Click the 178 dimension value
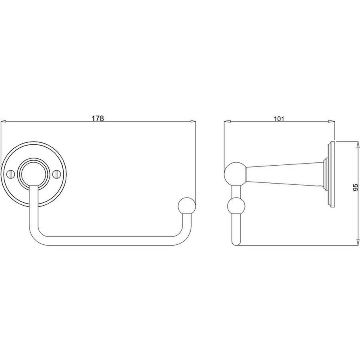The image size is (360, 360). (98, 118)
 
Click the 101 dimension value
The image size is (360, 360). (279, 119)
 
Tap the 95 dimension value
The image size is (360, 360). (356, 187)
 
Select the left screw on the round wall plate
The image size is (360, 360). (11, 174)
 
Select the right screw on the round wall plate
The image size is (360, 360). (56, 174)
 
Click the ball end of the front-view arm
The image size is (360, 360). (187, 206)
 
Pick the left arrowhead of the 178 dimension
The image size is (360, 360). (4, 122)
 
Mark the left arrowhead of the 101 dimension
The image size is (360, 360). (227, 122)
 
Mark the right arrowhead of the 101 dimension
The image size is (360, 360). (332, 122)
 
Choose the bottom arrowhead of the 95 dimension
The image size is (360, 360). (358, 242)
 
